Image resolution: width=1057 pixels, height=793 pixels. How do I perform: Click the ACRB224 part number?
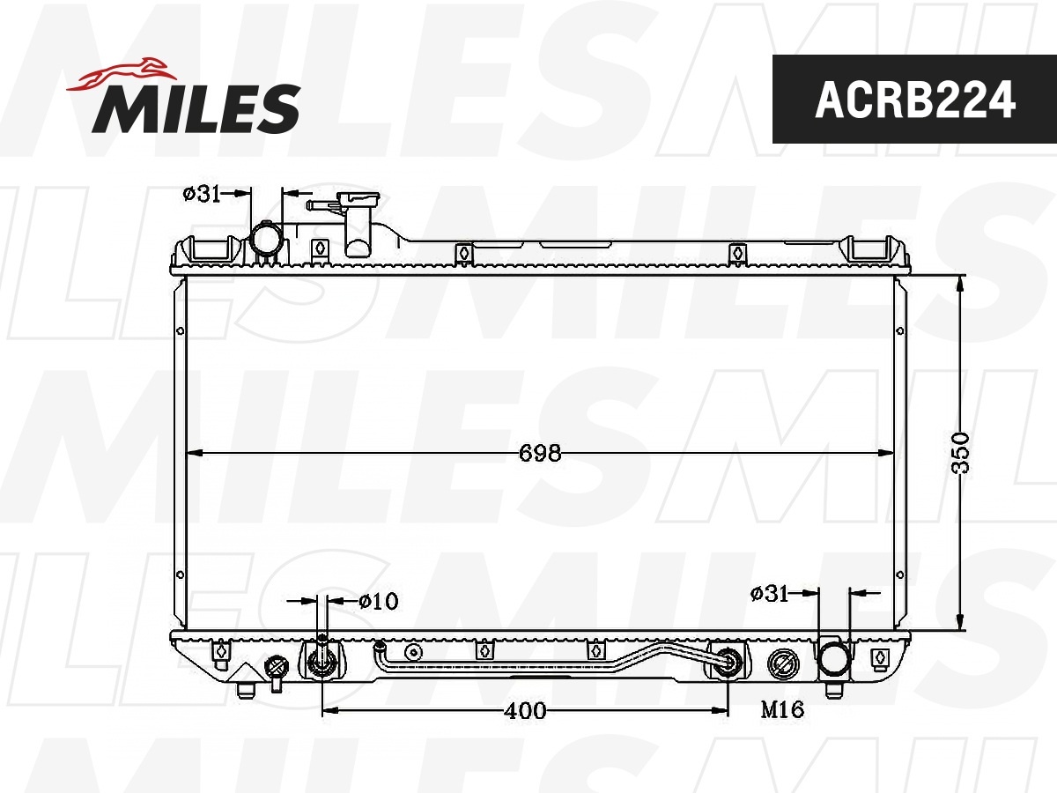pyautogui.click(x=915, y=100)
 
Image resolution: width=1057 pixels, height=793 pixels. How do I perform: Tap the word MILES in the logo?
pyautogui.click(x=196, y=109)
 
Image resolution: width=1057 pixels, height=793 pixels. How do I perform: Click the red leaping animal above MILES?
pyautogui.click(x=122, y=75)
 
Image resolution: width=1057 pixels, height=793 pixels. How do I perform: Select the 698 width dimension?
pyautogui.click(x=540, y=453)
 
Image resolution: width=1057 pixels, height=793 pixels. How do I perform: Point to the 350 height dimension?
pyautogui.click(x=961, y=453)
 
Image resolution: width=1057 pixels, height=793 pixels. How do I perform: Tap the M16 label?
pyautogui.click(x=782, y=709)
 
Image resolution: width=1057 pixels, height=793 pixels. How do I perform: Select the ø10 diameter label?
pyautogui.click(x=379, y=602)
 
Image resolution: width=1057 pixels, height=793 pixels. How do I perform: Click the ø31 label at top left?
pyautogui.click(x=202, y=194)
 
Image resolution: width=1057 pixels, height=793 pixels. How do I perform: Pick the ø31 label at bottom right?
pyautogui.click(x=769, y=594)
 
